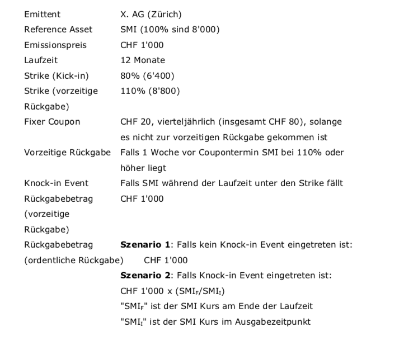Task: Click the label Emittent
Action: click(43, 14)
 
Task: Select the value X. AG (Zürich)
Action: click(151, 14)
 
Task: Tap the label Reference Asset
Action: click(58, 29)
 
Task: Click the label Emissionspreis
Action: click(55, 45)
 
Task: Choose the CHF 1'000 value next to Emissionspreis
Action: click(142, 45)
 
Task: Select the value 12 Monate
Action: click(143, 60)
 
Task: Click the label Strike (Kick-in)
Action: click(57, 75)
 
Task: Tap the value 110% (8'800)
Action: click(150, 91)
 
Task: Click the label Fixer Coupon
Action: click(52, 121)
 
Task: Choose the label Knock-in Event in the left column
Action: click(56, 183)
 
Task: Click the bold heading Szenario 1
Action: click(145, 244)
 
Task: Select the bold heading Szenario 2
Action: click(145, 275)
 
